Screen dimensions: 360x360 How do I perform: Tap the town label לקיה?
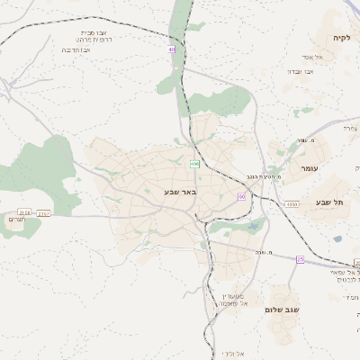click(342, 38)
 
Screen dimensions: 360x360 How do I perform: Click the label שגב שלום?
click(282, 309)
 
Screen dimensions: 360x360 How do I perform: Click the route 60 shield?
click(241, 196)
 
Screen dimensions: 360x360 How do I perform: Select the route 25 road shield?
click(301, 259)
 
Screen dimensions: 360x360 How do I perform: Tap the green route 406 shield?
click(194, 164)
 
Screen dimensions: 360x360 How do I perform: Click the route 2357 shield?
click(44, 212)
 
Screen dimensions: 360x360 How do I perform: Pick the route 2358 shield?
click(24, 211)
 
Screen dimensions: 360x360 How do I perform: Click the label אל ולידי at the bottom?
click(231, 354)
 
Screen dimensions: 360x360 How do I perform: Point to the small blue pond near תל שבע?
click(337, 238)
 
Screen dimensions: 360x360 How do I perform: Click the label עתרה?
click(349, 129)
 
